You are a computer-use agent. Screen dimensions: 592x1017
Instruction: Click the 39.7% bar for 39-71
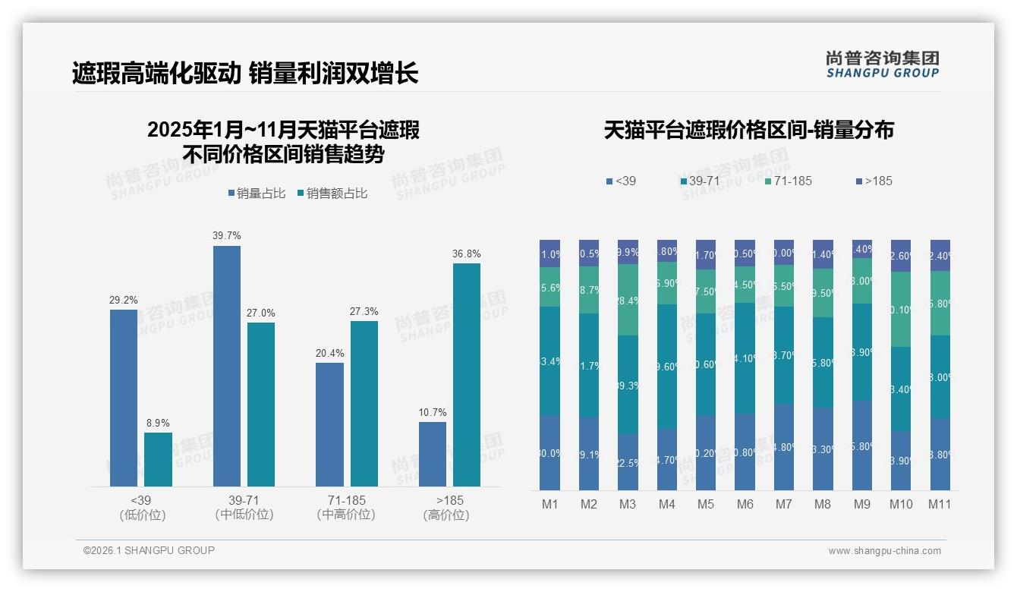pyautogui.click(x=227, y=366)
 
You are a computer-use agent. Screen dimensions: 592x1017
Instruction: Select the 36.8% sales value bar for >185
pyautogui.click(x=467, y=375)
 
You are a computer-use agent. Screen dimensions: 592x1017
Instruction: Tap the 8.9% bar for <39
pyautogui.click(x=158, y=459)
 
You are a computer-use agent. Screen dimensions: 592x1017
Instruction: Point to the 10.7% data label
pyautogui.click(x=433, y=413)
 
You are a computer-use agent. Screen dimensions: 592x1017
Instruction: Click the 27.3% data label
pyautogui.click(x=364, y=312)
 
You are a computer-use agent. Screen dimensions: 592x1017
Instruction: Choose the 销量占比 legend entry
pyautogui.click(x=257, y=194)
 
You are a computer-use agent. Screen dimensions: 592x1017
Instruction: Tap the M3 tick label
pyautogui.click(x=628, y=504)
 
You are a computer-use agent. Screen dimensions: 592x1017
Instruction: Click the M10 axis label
pyautogui.click(x=902, y=504)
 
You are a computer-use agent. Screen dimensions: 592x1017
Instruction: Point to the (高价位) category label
pyautogui.click(x=446, y=515)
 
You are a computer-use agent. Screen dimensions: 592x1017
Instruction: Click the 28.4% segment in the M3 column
pyautogui.click(x=628, y=300)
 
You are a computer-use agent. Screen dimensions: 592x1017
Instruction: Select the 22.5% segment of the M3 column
pyautogui.click(x=628, y=461)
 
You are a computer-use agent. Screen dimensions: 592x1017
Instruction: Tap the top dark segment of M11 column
pyautogui.click(x=940, y=255)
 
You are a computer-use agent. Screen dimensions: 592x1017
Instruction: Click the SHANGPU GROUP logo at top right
pyautogui.click(x=883, y=65)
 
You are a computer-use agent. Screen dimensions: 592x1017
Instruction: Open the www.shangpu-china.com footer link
pyautogui.click(x=884, y=551)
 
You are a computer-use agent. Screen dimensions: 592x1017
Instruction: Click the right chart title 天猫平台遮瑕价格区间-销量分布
pyautogui.click(x=748, y=131)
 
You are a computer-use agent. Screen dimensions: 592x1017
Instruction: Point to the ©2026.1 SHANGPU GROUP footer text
pyautogui.click(x=149, y=550)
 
